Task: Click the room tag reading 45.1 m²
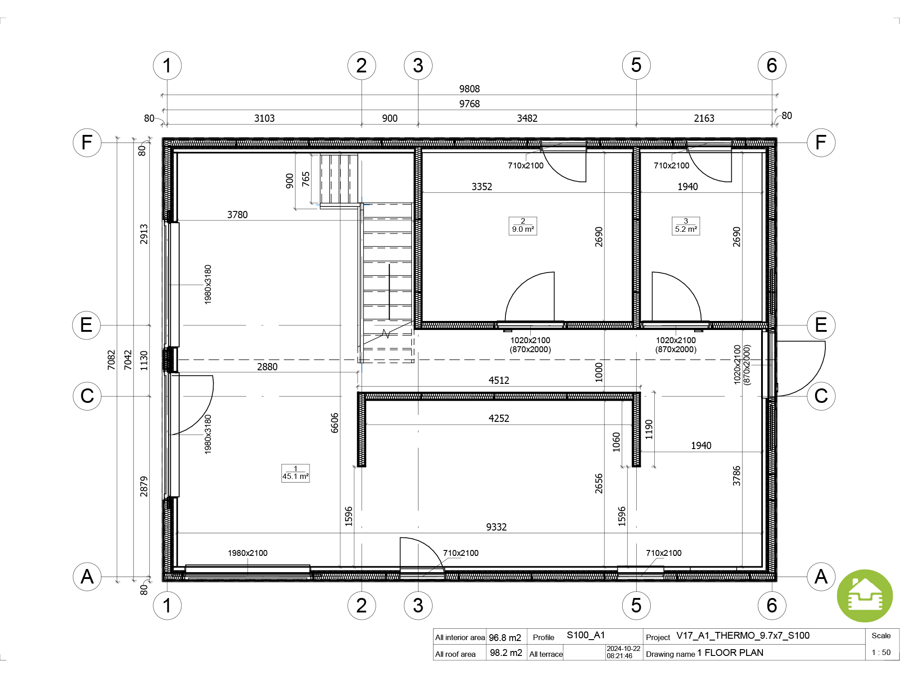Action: click(295, 473)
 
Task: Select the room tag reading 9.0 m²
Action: click(523, 225)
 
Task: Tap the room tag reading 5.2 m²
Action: click(686, 225)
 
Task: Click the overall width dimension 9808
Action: click(469, 89)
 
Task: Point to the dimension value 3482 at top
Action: click(527, 118)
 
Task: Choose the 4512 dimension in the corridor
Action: click(499, 380)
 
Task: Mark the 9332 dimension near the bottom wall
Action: click(496, 527)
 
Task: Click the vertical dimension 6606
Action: click(334, 423)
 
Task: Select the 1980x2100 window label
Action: click(248, 553)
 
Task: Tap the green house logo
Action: click(865, 596)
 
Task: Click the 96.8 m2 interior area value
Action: click(505, 637)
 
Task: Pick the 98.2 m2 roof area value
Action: click(506, 653)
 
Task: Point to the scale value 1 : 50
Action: click(881, 652)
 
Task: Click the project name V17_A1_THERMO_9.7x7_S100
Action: click(743, 636)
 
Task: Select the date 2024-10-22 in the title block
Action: click(624, 649)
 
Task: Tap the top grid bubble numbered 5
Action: click(636, 65)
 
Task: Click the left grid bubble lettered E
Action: click(86, 325)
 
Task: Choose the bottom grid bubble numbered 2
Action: click(362, 605)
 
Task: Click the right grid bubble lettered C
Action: click(821, 396)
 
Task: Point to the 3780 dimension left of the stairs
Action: click(238, 215)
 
